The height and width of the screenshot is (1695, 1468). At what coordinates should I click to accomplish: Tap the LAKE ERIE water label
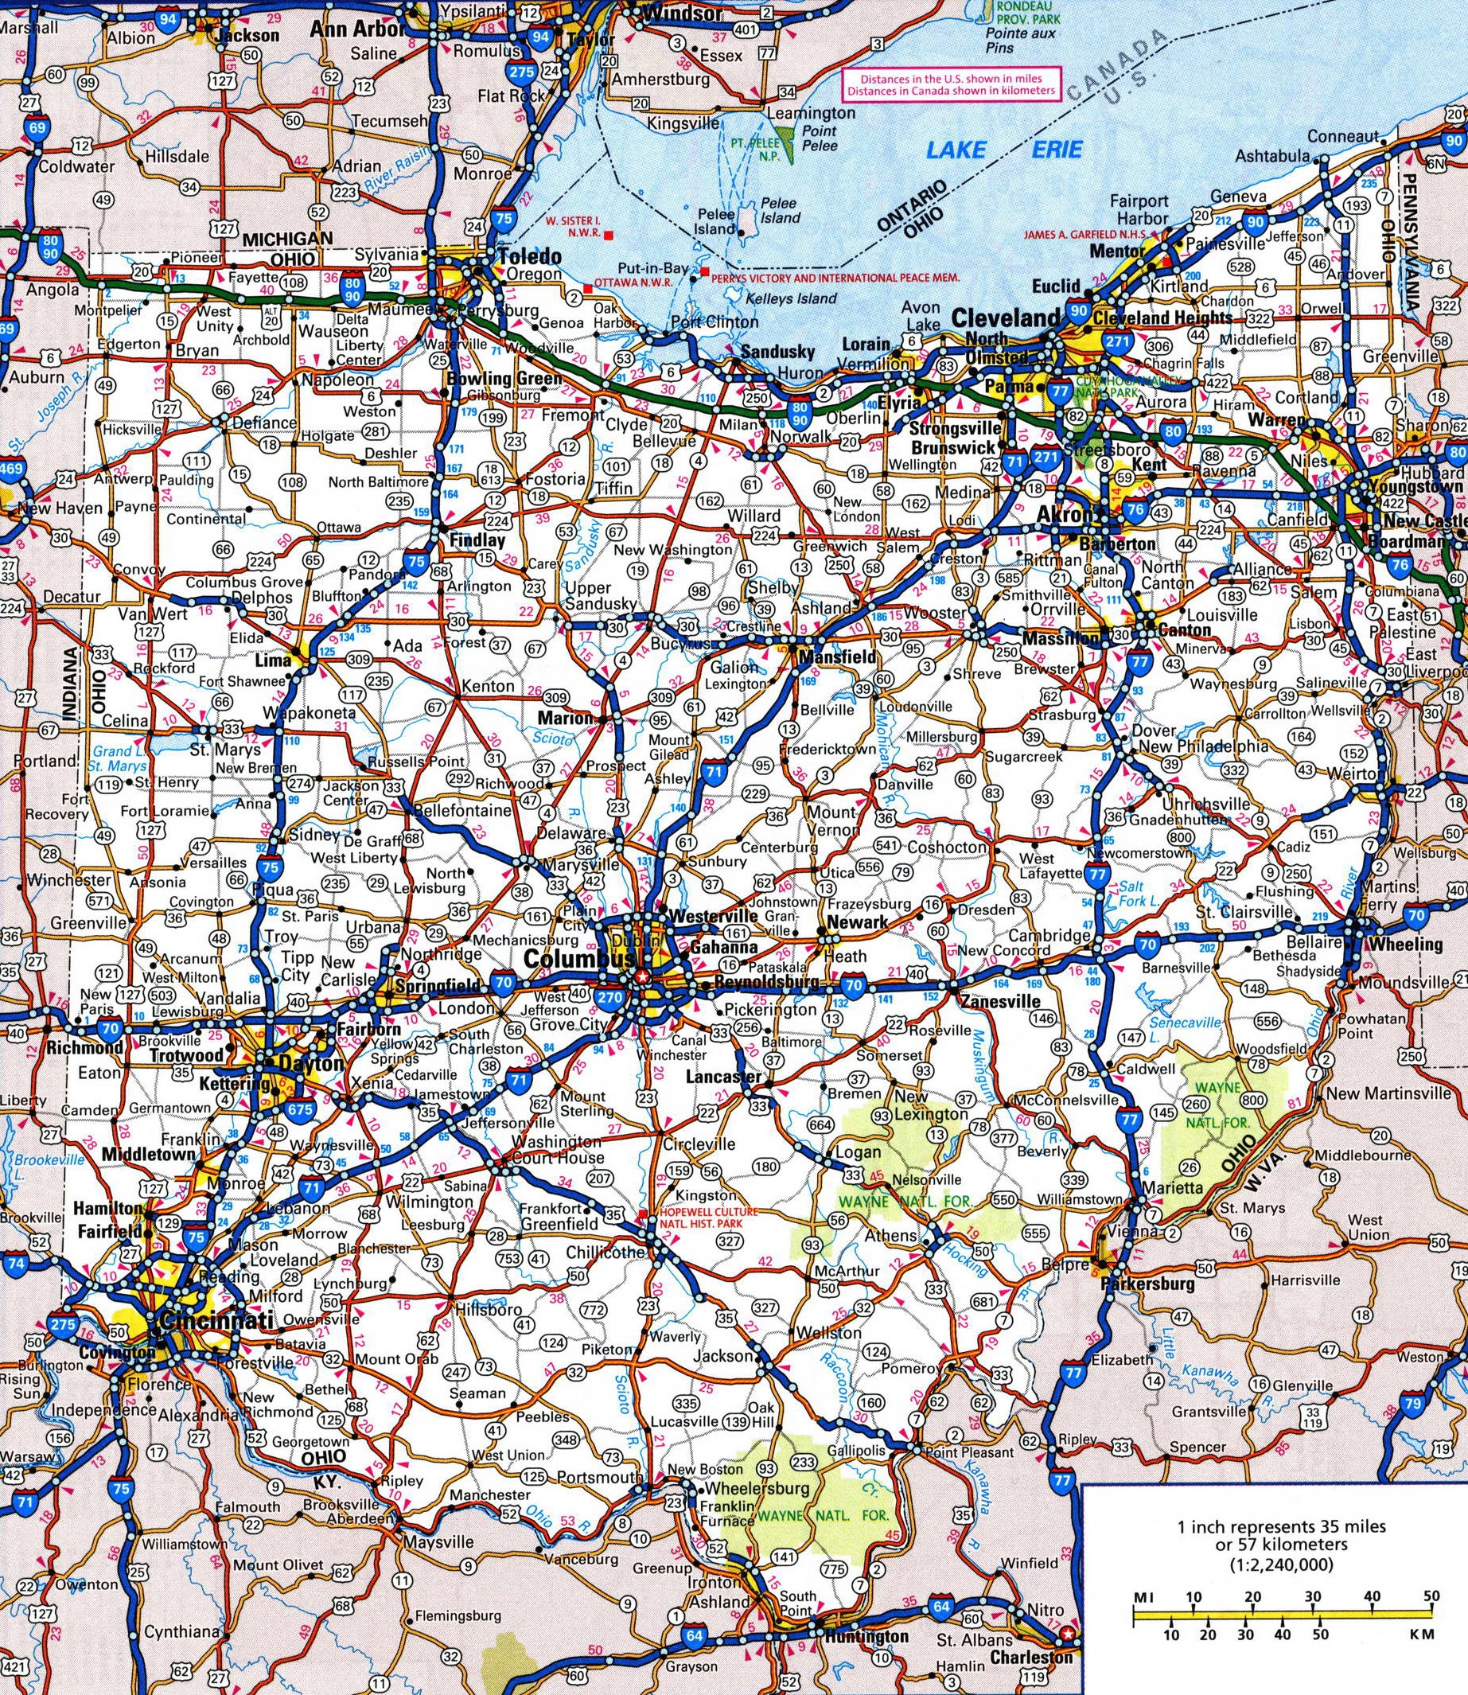coord(1003,150)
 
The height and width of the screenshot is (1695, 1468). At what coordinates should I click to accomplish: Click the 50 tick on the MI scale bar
coord(1431,1550)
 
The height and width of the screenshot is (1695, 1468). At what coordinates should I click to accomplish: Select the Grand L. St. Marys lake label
coord(119,758)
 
